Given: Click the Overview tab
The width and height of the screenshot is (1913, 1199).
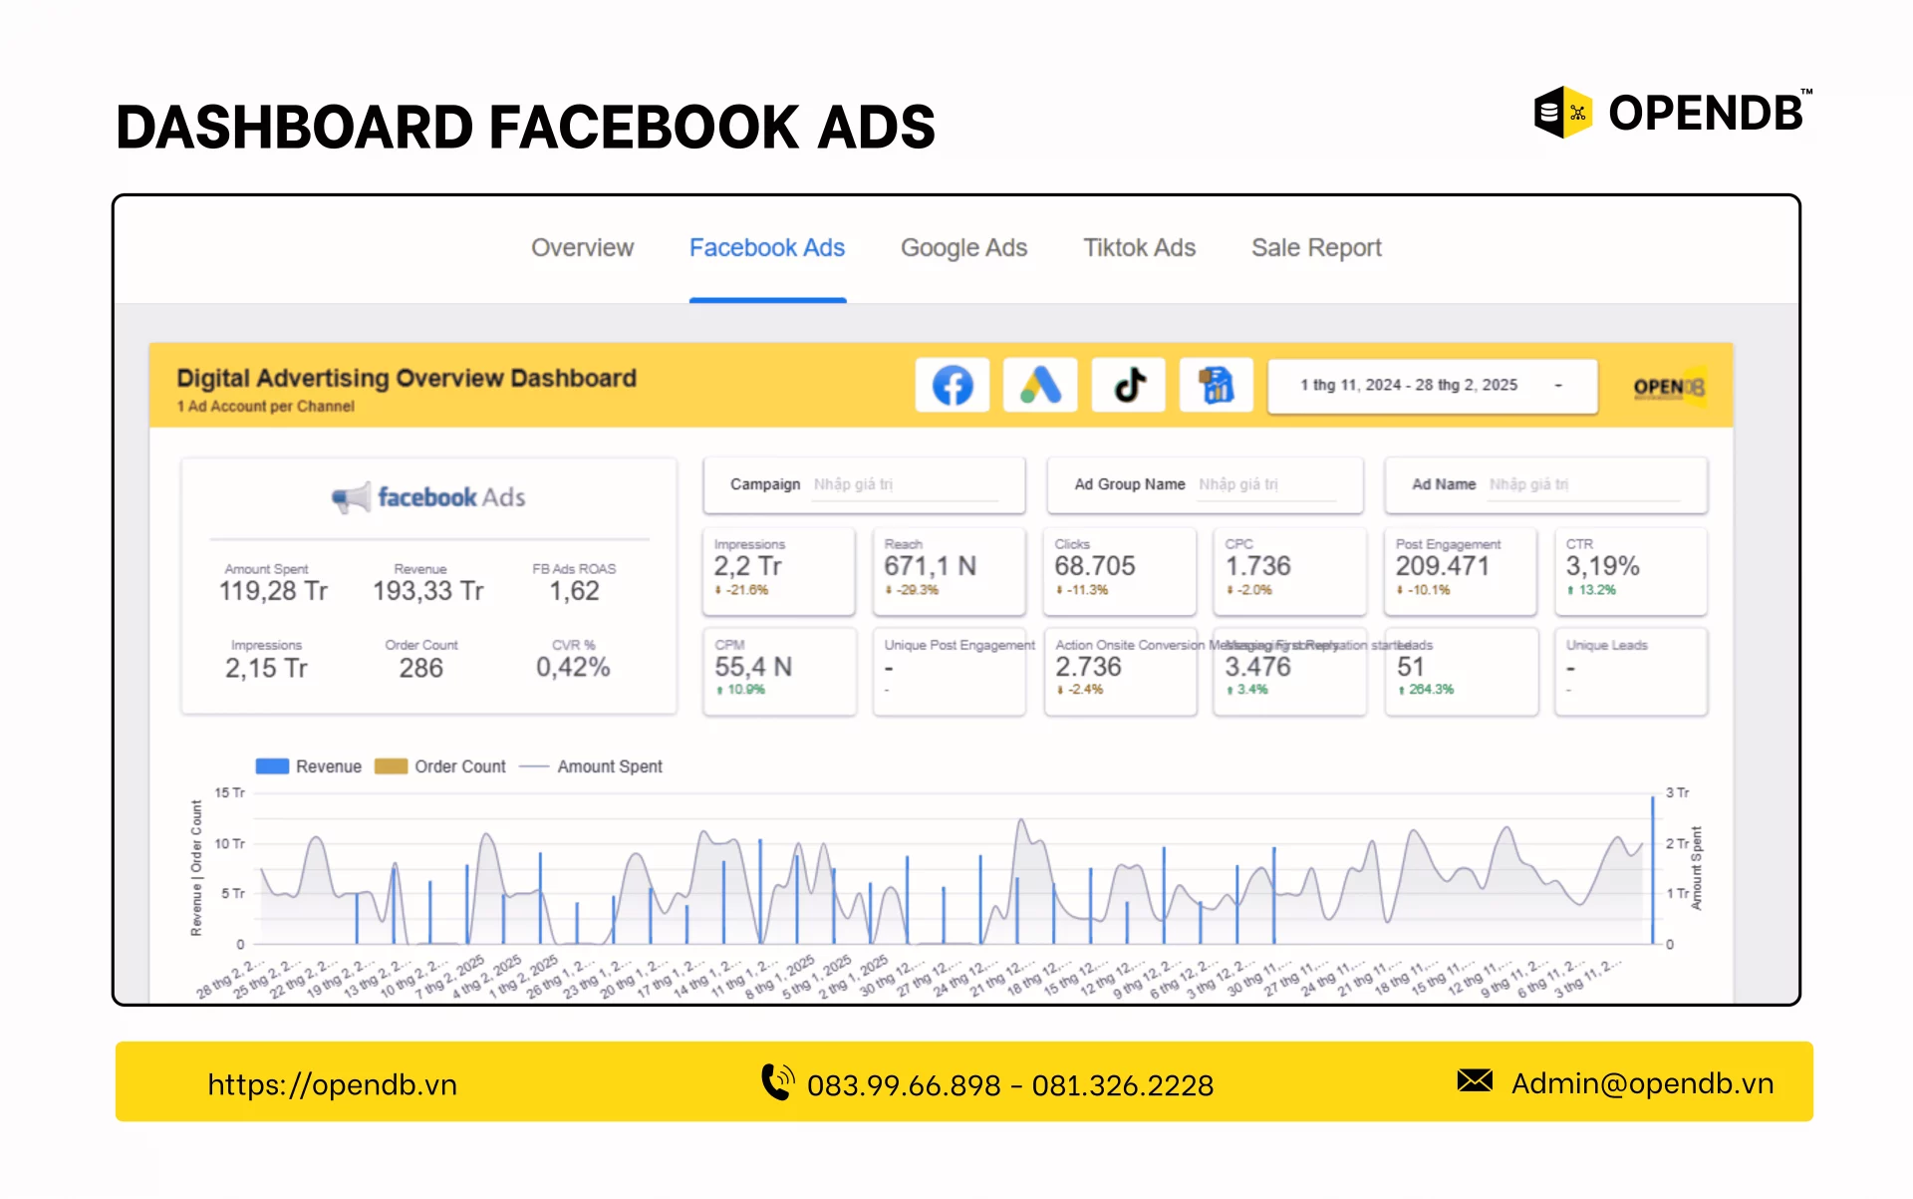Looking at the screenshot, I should point(582,247).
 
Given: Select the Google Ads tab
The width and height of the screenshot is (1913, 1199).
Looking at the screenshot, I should point(963,247).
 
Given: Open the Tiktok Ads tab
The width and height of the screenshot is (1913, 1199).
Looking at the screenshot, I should point(1139,247).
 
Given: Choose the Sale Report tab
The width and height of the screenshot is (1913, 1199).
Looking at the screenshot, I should point(1316,247).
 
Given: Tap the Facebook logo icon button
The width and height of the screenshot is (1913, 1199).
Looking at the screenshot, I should point(952,385).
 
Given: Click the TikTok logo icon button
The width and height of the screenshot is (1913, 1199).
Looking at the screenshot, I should point(1129,385).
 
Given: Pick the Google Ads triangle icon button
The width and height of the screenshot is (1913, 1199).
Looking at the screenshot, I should point(1040,385).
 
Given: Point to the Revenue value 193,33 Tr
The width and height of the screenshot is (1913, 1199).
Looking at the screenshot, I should point(427,591).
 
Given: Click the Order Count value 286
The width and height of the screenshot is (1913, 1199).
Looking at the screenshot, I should point(420,668).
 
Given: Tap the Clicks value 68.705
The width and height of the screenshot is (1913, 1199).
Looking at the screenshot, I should point(1094,566).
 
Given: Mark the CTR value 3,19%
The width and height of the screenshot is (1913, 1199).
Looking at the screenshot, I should point(1602,566).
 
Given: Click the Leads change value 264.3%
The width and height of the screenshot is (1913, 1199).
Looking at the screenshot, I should point(1430,690).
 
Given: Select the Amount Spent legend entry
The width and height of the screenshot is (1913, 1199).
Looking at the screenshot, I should point(609,766).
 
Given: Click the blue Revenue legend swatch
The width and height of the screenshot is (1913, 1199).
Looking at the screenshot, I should point(272,766).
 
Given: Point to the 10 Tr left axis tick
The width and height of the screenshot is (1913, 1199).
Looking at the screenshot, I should point(229,843).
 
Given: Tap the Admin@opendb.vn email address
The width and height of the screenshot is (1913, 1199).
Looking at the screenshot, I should point(1641,1083).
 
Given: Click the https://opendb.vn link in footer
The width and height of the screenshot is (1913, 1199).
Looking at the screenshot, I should point(332,1084).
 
